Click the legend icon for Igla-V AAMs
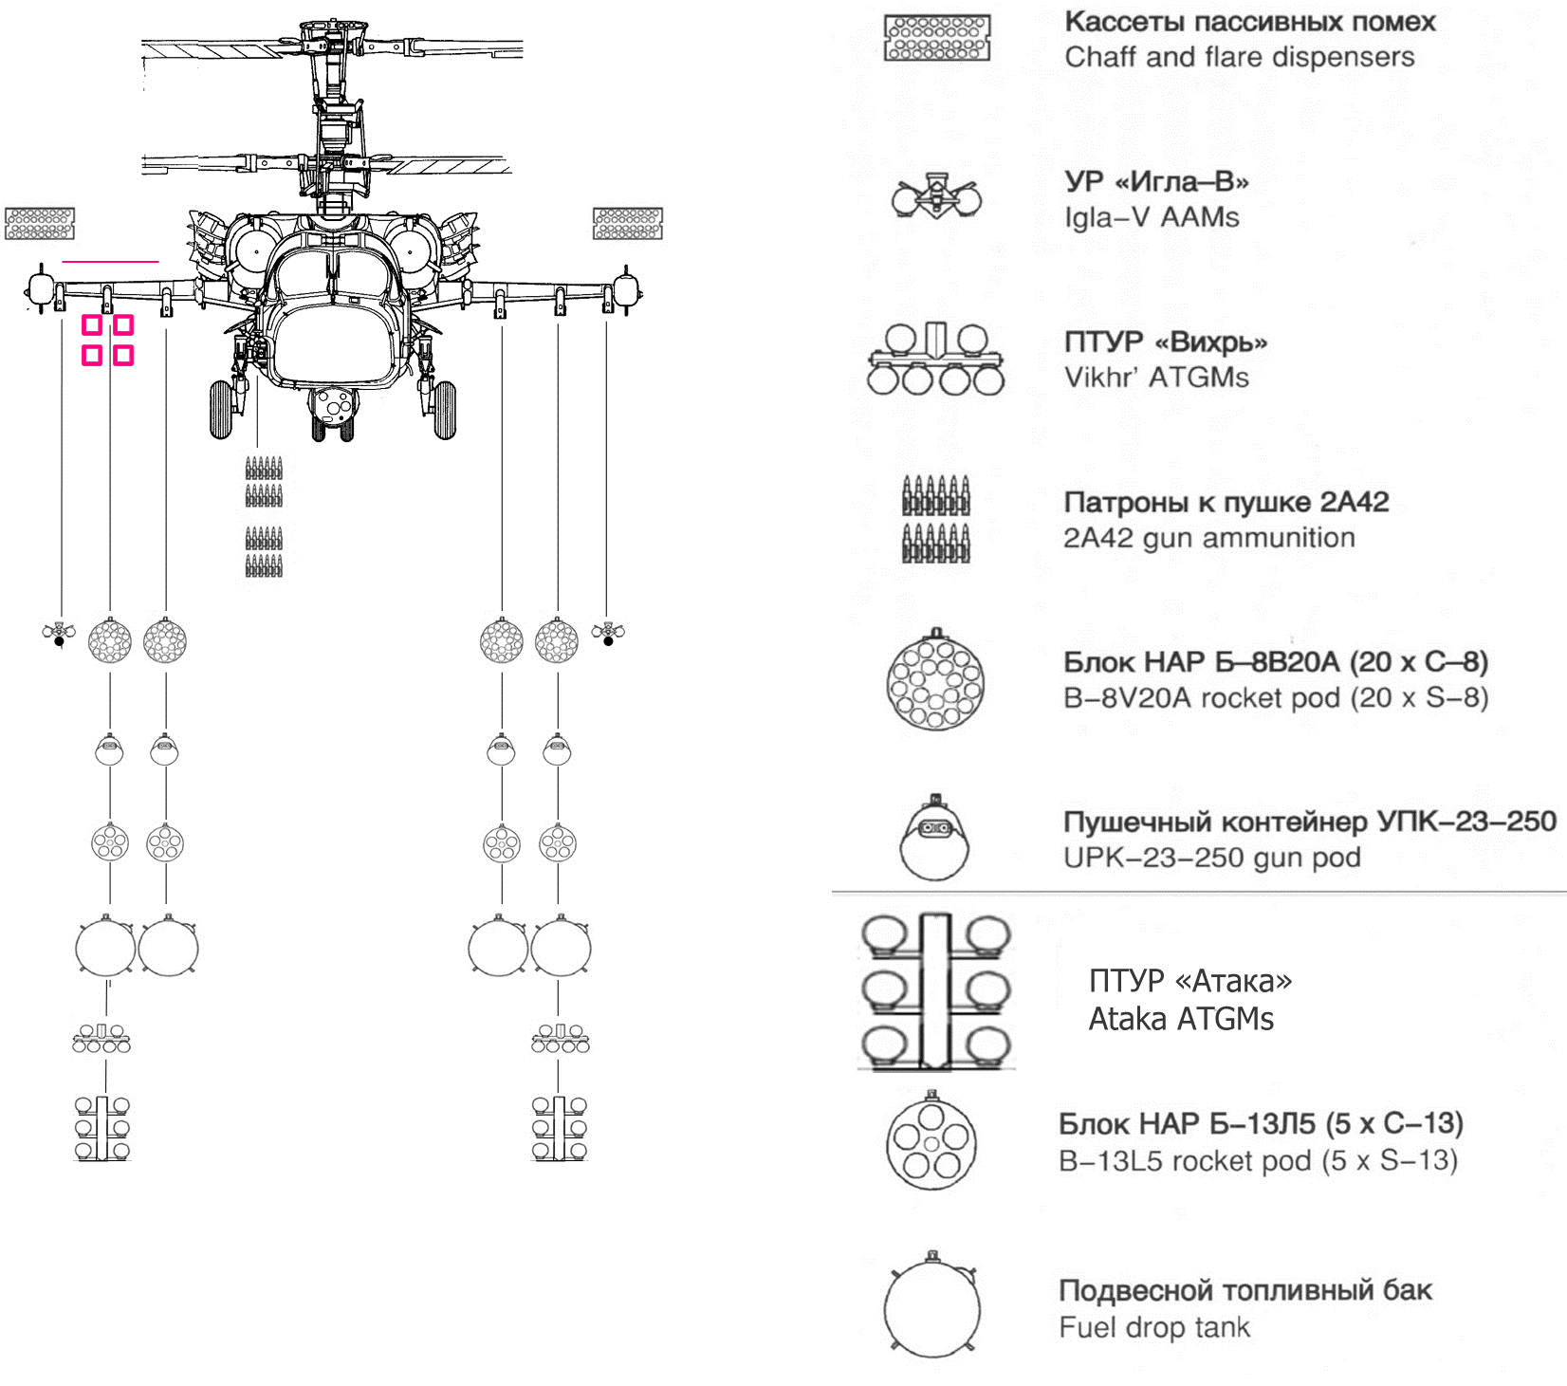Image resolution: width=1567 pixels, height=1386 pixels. [x=936, y=196]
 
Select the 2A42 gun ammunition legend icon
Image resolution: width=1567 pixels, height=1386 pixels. [x=936, y=519]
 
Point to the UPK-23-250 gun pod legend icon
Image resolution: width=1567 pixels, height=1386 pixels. [x=936, y=835]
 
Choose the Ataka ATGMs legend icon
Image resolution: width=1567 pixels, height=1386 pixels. [x=935, y=992]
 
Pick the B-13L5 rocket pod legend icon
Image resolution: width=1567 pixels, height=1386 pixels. [x=931, y=1139]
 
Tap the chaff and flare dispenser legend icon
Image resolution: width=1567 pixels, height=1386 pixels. [x=937, y=38]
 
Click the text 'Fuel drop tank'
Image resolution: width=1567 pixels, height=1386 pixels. [x=1154, y=1327]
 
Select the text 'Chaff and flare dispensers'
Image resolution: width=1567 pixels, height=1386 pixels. [x=1240, y=57]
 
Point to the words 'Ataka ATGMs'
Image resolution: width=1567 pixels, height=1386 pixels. [x=1181, y=1019]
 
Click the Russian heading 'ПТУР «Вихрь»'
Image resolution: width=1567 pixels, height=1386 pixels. [x=1166, y=342]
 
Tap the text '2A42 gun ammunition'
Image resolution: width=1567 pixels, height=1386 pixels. [x=1209, y=538]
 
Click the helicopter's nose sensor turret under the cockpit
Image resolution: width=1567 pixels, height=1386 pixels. [x=333, y=408]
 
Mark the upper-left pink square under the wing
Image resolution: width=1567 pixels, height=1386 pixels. [x=92, y=325]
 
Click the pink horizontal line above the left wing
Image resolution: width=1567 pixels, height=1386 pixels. [x=110, y=260]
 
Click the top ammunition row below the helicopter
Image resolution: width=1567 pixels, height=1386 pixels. [x=264, y=468]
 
